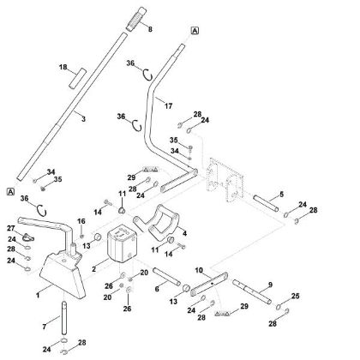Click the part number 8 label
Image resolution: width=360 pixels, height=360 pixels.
151,30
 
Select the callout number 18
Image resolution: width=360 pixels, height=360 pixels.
61,66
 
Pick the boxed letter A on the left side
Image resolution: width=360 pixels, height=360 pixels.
9,190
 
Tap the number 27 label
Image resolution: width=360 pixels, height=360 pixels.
12,228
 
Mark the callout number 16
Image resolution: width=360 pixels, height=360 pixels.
81,221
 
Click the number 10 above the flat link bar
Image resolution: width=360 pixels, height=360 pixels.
199,269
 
